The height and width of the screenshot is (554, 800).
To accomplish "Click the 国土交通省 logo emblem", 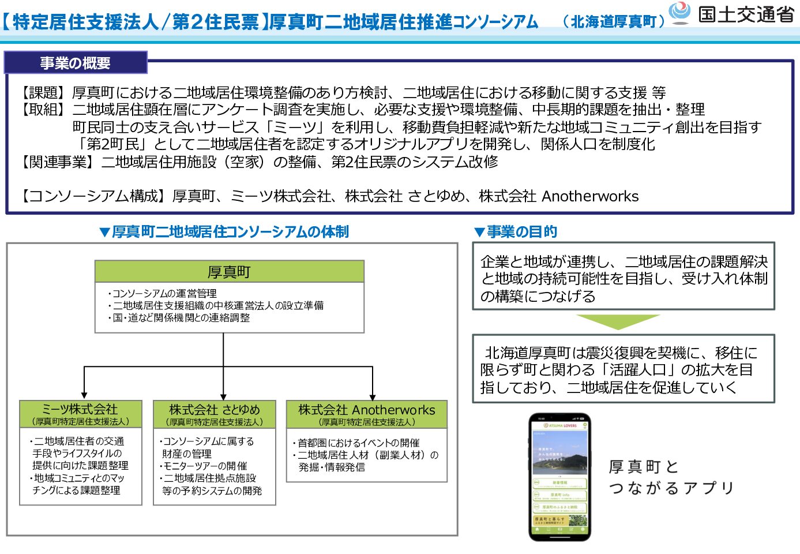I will [x=679, y=13].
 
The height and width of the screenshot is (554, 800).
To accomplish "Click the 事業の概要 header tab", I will [x=76, y=63].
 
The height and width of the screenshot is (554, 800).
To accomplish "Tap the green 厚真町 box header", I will [x=229, y=271].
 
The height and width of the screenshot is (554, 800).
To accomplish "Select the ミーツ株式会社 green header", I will [x=80, y=414].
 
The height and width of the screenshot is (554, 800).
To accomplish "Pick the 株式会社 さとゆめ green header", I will [x=214, y=414].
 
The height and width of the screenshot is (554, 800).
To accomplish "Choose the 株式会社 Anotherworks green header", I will [x=366, y=414].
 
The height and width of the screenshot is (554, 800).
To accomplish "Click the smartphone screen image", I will [x=559, y=477].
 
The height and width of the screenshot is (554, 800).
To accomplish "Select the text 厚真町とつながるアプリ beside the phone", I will [x=671, y=477].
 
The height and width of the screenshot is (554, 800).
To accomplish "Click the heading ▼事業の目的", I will [x=515, y=232].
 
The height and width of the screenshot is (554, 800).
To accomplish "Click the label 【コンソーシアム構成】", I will [x=89, y=197].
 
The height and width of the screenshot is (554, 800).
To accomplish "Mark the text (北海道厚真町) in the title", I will [x=614, y=22].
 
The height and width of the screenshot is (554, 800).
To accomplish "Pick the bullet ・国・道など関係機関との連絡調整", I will [x=179, y=318].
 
